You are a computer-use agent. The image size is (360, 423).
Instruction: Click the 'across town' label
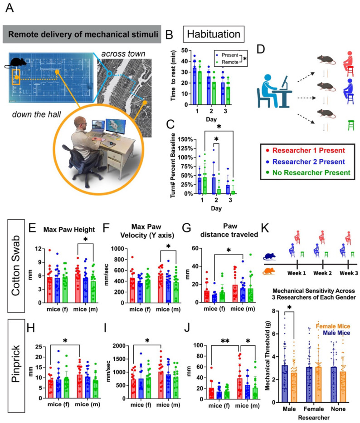pos(121,53)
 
